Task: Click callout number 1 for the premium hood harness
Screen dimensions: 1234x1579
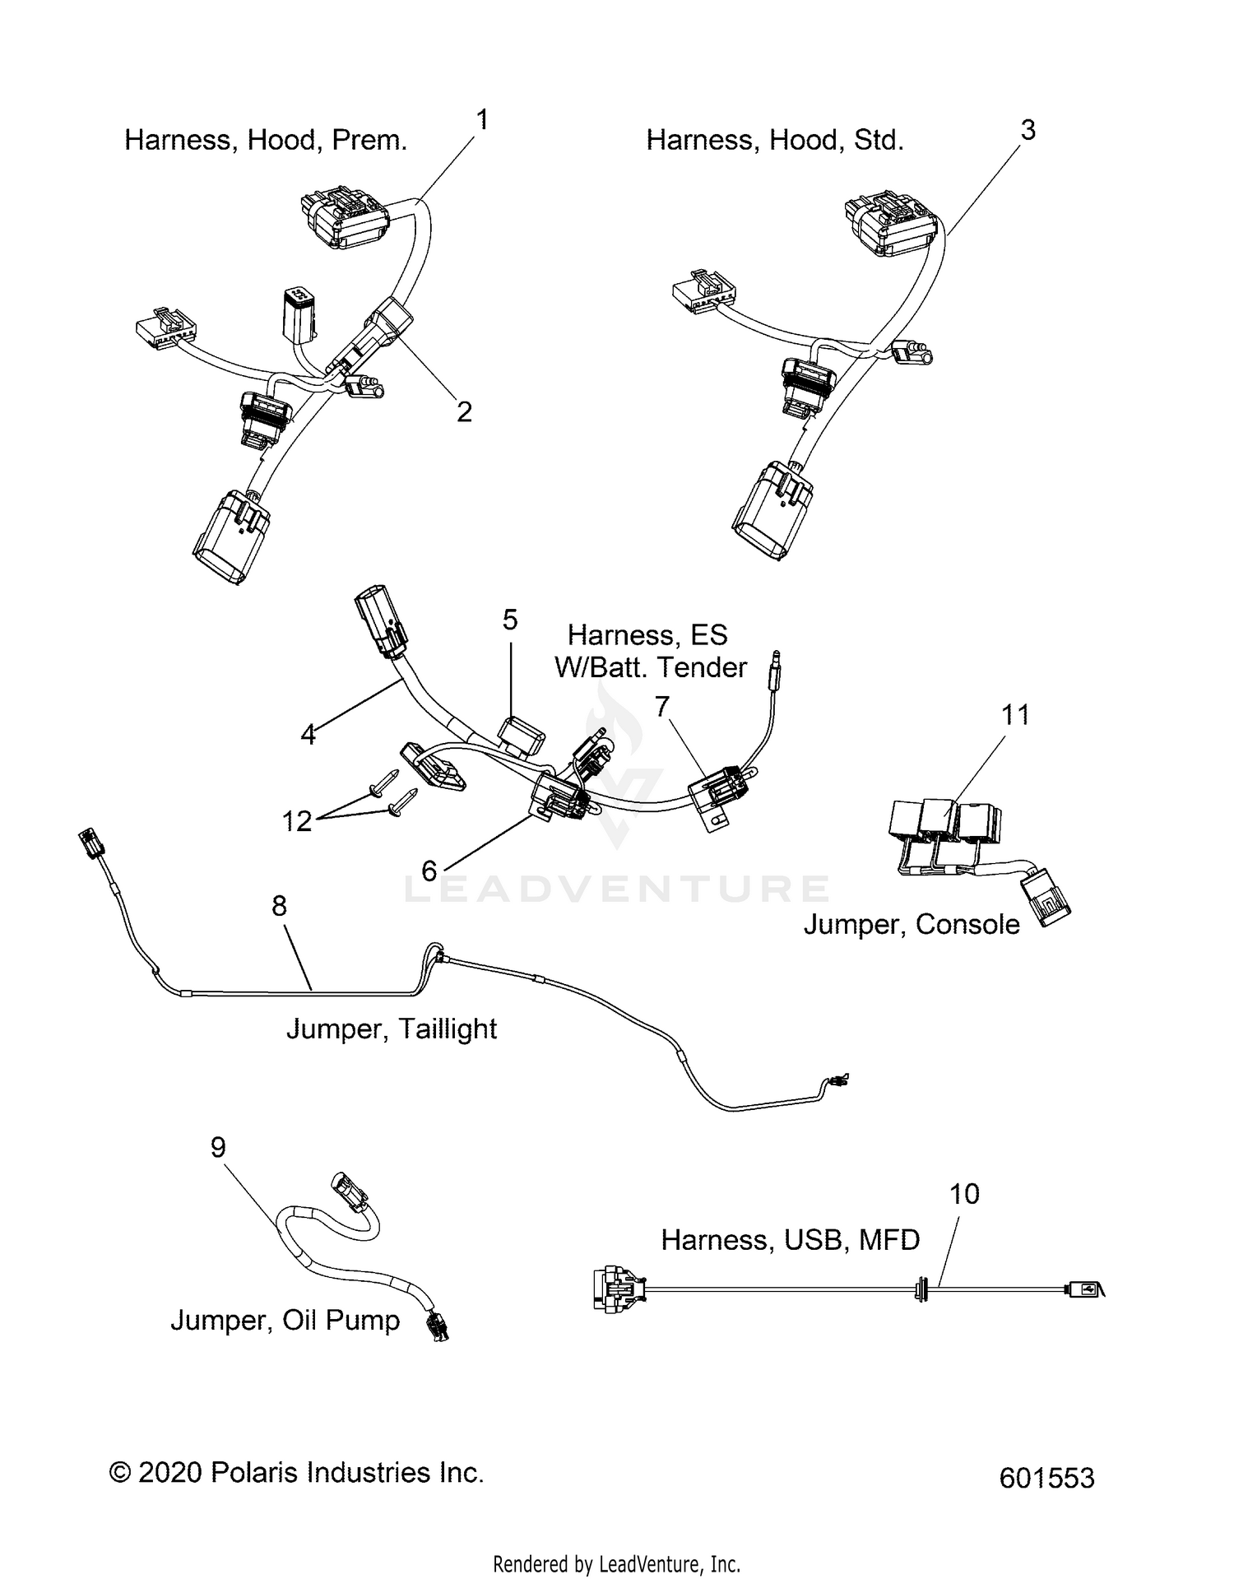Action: pyautogui.click(x=483, y=120)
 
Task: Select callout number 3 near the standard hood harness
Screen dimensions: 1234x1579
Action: pyautogui.click(x=1028, y=130)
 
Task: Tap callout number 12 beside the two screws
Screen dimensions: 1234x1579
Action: pyautogui.click(x=297, y=820)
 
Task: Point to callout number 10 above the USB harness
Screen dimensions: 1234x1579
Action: pyautogui.click(x=965, y=1194)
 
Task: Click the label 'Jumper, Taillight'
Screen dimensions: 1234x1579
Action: pyautogui.click(x=392, y=1029)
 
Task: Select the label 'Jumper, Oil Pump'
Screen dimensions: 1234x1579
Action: pyautogui.click(x=285, y=1320)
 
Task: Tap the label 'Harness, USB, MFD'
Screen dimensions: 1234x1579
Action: pyautogui.click(x=790, y=1239)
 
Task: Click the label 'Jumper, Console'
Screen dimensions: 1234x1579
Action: pyautogui.click(x=912, y=924)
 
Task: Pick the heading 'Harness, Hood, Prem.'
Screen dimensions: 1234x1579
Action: pyautogui.click(x=266, y=140)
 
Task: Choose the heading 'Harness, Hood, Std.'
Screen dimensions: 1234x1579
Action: pyautogui.click(x=775, y=140)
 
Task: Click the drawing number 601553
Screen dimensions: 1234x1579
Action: pyautogui.click(x=1046, y=1478)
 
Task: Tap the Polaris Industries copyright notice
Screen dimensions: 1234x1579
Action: pyautogui.click(x=296, y=1472)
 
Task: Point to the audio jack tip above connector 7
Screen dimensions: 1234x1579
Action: pyautogui.click(x=775, y=666)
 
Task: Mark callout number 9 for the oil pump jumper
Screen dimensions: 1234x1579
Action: pyautogui.click(x=218, y=1147)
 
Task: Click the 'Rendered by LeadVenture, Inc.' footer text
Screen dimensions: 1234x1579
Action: pyautogui.click(x=617, y=1563)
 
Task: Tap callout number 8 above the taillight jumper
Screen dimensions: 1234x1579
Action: pyautogui.click(x=280, y=906)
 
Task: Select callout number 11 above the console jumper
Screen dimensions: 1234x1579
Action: pyautogui.click(x=1015, y=715)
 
